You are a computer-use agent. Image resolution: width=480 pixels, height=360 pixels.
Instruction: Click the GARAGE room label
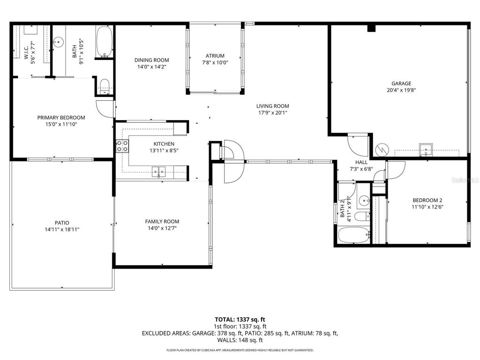pyautogui.click(x=401, y=83)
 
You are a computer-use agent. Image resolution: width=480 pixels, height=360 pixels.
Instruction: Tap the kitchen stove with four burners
pyautogui.click(x=122, y=146)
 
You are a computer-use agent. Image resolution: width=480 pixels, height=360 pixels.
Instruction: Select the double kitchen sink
pyautogui.click(x=159, y=172)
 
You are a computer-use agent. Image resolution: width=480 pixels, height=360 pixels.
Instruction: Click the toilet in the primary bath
pyautogui.click(x=105, y=86)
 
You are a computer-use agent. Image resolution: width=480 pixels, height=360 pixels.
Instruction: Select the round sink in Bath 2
pyautogui.click(x=364, y=201)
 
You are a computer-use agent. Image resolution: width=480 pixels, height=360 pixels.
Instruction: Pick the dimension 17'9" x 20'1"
pyautogui.click(x=272, y=112)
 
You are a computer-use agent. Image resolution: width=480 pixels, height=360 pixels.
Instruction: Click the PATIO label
pyautogui.click(x=61, y=223)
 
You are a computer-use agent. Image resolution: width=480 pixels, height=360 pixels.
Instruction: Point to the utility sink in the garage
pyautogui.click(x=425, y=150)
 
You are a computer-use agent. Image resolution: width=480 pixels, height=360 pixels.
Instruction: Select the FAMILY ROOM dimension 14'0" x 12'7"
pyautogui.click(x=162, y=228)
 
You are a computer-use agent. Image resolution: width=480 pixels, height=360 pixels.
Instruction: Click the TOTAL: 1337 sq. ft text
pyautogui.click(x=240, y=320)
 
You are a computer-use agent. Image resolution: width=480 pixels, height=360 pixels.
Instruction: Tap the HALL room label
pyautogui.click(x=361, y=162)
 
